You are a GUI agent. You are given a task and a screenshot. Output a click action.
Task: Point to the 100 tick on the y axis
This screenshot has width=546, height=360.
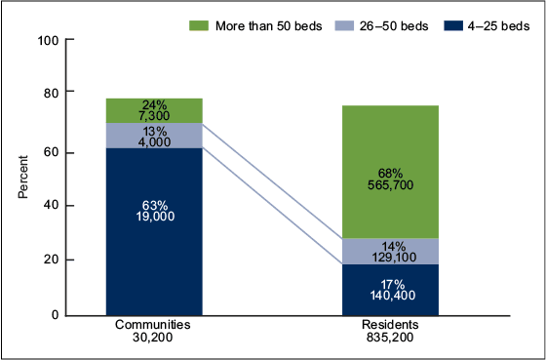click(x=48, y=40)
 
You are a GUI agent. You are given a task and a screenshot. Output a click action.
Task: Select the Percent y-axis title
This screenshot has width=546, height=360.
click(x=22, y=177)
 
